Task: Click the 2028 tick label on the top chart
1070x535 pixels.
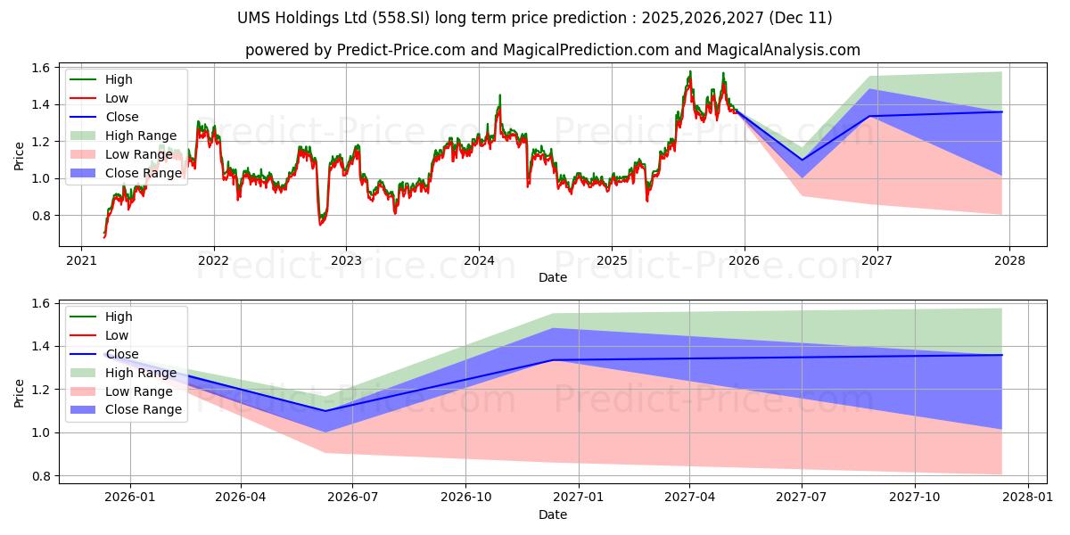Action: (1009, 260)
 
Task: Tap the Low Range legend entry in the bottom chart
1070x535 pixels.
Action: (142, 391)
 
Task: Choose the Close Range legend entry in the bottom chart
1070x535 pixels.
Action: (144, 410)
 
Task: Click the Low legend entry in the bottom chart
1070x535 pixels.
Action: (117, 335)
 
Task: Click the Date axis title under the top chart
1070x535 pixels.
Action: (553, 277)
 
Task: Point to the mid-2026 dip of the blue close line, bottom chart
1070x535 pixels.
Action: (325, 411)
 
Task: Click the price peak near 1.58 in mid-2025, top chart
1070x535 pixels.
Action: (689, 72)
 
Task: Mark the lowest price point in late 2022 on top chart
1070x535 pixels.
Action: (320, 223)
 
